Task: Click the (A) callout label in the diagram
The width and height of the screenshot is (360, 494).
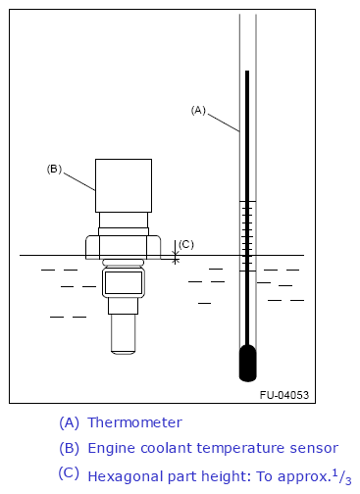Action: [197, 110]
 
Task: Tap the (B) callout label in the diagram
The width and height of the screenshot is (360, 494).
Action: [54, 169]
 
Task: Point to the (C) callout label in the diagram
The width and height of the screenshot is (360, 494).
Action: [186, 243]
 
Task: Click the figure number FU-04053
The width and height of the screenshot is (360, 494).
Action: [284, 395]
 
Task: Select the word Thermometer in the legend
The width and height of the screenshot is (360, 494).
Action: [134, 422]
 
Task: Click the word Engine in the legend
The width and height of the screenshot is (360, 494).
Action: [109, 448]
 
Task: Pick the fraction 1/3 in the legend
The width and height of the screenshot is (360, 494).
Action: [340, 476]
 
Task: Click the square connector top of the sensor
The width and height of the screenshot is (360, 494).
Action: [123, 185]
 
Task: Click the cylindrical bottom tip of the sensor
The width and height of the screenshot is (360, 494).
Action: [123, 333]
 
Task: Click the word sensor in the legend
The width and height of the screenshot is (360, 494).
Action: [317, 448]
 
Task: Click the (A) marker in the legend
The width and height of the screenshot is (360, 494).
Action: [69, 422]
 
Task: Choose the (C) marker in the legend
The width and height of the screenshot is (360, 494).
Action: [69, 473]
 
